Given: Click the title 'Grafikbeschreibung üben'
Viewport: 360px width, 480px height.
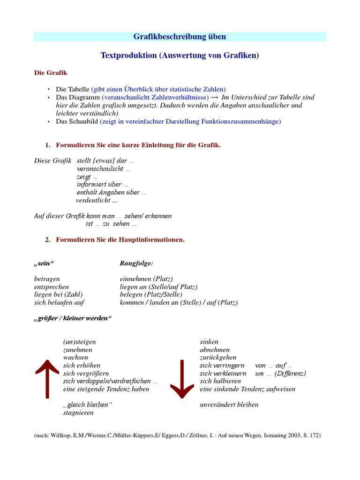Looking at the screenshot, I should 180,37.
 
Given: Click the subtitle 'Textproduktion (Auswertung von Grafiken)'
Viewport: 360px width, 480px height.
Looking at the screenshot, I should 180,55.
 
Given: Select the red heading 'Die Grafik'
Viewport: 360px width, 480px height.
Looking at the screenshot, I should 51,73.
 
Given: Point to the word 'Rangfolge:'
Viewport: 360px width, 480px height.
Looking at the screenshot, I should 136,263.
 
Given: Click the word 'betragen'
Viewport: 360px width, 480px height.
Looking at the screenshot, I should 47,279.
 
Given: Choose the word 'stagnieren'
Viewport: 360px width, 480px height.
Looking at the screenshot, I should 78,413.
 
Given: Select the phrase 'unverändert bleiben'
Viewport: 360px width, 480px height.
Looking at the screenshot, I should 229,405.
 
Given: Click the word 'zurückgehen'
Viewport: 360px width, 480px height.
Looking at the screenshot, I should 218,358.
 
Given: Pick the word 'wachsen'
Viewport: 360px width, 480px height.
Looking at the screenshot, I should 75,358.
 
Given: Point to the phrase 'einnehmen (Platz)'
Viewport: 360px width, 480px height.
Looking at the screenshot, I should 146,279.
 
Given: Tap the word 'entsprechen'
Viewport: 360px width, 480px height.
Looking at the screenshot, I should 52,287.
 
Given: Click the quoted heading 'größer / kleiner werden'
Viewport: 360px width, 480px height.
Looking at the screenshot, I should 73,318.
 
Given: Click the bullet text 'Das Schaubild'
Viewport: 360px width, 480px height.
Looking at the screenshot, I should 77,121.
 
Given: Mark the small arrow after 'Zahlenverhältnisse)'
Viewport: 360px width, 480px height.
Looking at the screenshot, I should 215,97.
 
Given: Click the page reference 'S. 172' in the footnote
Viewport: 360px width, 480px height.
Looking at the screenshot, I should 309,435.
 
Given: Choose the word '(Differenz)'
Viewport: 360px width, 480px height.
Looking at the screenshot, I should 290,374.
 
